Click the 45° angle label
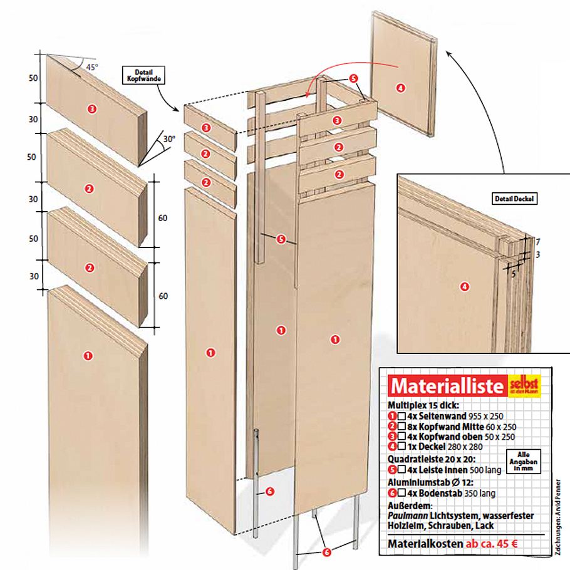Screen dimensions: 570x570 [92, 67]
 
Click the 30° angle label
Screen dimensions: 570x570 [169, 139]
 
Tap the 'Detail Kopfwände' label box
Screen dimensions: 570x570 [144, 76]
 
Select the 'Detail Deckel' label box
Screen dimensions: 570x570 [514, 199]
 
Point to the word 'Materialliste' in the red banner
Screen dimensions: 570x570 [447, 386]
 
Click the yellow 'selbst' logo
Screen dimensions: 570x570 [524, 385]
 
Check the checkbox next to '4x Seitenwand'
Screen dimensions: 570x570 [402, 416]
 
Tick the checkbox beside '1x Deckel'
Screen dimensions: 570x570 [402, 446]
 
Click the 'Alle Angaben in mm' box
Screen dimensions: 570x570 [524, 461]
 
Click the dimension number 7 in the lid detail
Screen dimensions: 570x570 [538, 242]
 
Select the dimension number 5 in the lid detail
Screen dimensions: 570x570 [514, 274]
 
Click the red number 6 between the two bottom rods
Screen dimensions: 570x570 [326, 552]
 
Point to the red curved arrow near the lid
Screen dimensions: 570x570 [351, 72]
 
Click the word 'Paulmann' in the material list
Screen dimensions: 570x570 [408, 516]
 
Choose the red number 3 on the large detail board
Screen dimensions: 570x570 [91, 108]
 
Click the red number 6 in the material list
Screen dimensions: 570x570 [392, 494]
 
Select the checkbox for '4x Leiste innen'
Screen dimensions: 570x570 [402, 470]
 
